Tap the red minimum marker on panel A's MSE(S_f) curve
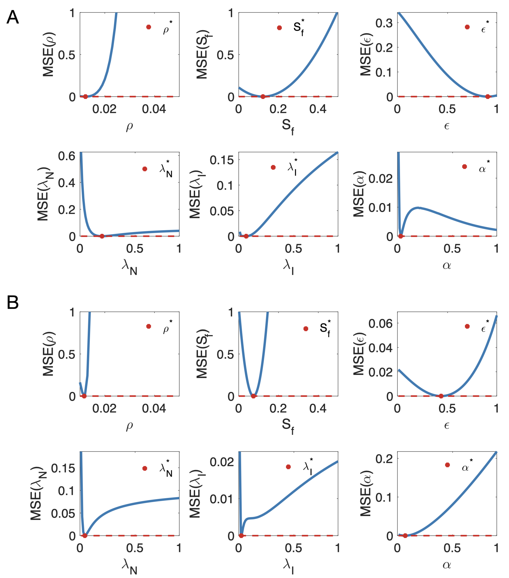click(263, 96)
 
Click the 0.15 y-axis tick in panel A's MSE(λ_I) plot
click(222, 160)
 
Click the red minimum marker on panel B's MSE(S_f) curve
click(253, 396)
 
